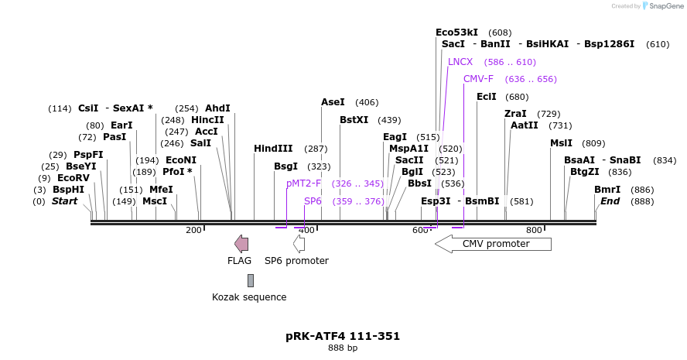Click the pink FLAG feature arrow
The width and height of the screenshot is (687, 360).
pos(241,244)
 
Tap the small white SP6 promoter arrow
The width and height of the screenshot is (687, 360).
pos(299,244)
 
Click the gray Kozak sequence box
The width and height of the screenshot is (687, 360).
pos(250,280)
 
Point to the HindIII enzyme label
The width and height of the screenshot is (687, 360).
pos(273,149)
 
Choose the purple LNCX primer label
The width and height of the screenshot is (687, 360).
pos(460,62)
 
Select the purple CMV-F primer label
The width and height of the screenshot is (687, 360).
pos(478,79)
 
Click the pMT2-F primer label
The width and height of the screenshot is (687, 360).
pos(303,183)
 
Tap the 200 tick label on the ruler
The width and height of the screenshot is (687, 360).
pos(193,231)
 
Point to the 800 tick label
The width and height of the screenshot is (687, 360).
pos(534,231)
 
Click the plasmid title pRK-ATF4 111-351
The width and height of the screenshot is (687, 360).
pos(343,336)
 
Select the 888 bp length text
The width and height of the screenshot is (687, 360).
pos(343,348)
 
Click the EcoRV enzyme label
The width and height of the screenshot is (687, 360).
pos(73,177)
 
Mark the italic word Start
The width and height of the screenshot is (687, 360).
pos(65,201)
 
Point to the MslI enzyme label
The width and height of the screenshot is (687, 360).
pos(561,143)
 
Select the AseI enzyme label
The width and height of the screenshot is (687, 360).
pos(333,102)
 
